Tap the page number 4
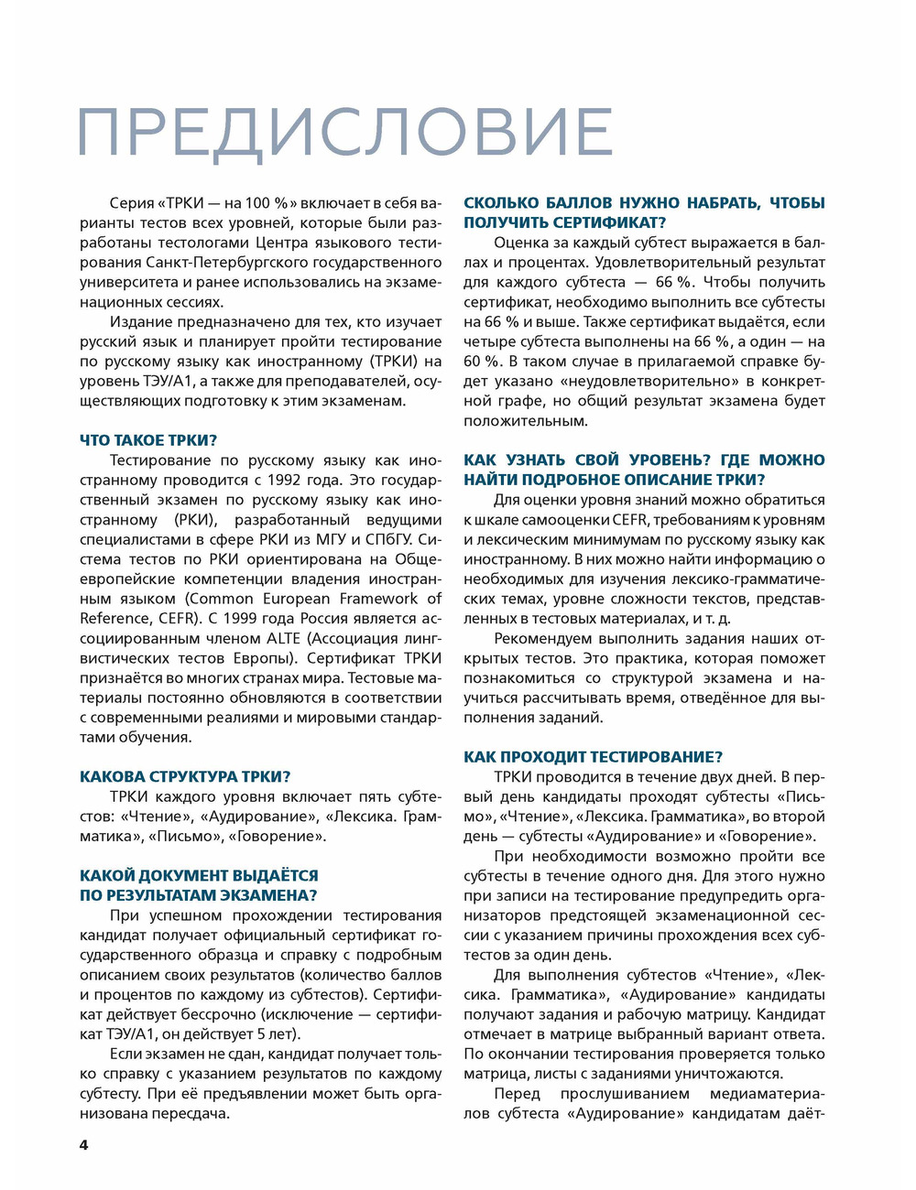click(84, 1145)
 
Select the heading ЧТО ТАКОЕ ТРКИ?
click(148, 440)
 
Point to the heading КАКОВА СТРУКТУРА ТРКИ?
click(185, 776)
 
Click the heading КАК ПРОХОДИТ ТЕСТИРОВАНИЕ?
click(593, 756)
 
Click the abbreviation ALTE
click(284, 638)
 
